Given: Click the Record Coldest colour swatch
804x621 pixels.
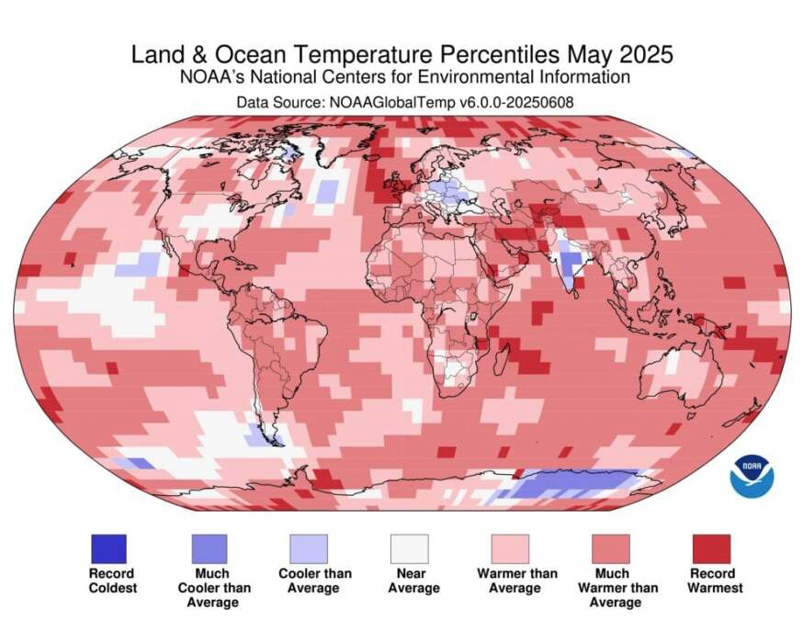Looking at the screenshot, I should point(108,549).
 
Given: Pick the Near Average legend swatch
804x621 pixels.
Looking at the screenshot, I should point(408,549).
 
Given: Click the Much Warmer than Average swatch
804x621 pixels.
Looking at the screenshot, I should point(610,549).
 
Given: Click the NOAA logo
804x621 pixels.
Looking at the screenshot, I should point(752,475).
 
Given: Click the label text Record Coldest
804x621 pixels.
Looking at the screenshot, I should point(111,581).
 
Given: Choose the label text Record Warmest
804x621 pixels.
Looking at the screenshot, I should point(714,581).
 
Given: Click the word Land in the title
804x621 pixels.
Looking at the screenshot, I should point(153,54).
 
